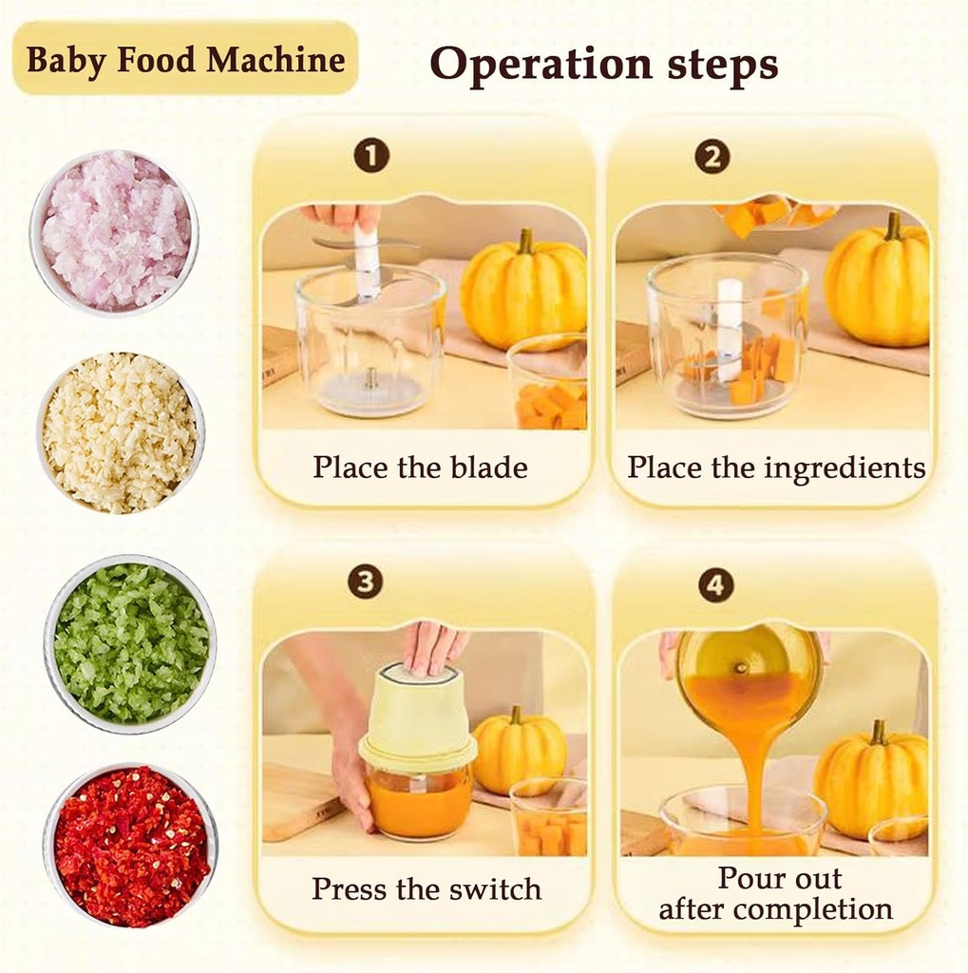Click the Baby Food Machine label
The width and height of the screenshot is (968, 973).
(185, 60)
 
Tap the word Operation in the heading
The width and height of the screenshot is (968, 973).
(518, 66)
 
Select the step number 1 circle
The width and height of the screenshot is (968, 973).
(371, 155)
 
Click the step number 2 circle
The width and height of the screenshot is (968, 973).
(712, 156)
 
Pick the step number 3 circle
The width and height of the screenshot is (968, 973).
(365, 582)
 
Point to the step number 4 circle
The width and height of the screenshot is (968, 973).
(716, 584)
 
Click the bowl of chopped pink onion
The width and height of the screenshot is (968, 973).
(115, 231)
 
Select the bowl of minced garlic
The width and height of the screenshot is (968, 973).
(120, 432)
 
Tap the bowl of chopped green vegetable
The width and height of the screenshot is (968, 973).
(131, 642)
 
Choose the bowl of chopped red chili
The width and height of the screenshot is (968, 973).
(131, 846)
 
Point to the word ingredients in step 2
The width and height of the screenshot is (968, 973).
(836, 468)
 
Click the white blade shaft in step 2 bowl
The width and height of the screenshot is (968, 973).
(729, 329)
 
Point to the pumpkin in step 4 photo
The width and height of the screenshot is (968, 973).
(871, 781)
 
